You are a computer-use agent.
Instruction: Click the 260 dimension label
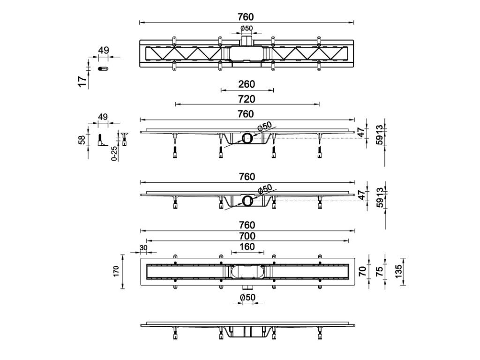247,84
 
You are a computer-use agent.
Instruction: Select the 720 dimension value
247,99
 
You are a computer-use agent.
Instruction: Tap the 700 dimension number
247,236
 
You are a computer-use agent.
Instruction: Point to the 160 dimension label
247,247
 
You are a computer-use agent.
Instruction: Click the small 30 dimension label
143,248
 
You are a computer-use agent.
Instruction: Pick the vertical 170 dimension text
116,271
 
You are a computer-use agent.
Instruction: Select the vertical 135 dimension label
398,271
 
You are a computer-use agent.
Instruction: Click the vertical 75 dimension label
379,271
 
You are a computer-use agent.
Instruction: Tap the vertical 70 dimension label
362,271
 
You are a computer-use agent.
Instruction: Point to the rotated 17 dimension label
82,82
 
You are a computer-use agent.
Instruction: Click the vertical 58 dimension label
82,140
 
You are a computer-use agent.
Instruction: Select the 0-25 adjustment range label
113,154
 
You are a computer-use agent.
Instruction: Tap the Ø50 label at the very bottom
247,297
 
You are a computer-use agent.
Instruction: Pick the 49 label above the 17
104,50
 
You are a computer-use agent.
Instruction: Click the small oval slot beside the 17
103,68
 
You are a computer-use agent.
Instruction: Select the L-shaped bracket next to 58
102,141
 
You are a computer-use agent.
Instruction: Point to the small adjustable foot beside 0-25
125,139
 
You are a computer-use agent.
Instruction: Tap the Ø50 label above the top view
247,29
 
